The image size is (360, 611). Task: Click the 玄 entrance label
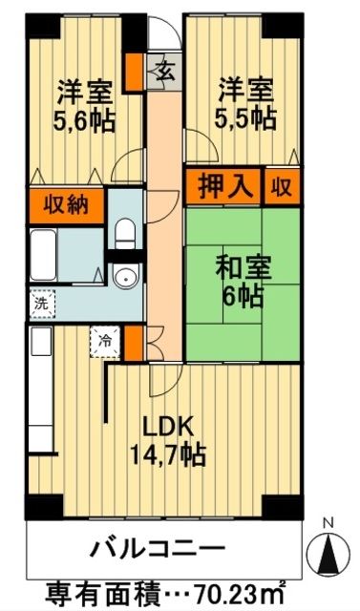click(x=165, y=71)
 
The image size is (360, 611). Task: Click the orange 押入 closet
click(x=224, y=185)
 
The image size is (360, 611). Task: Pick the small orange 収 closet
click(x=282, y=185)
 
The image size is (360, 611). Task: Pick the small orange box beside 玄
click(x=138, y=70)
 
